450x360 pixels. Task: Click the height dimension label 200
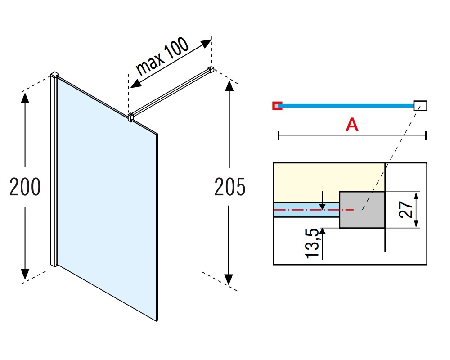pyautogui.click(x=25, y=187)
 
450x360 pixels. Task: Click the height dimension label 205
pyautogui.click(x=230, y=187)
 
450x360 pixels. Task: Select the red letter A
pyautogui.click(x=352, y=125)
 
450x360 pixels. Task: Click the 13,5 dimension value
pyautogui.click(x=314, y=243)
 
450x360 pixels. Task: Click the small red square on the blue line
pyautogui.click(x=277, y=106)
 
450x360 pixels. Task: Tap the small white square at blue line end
pyautogui.click(x=420, y=106)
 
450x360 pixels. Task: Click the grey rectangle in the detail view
pyautogui.click(x=362, y=210)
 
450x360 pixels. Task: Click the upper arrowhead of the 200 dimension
pyautogui.click(x=25, y=95)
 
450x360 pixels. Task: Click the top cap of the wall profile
pyautogui.click(x=55, y=74)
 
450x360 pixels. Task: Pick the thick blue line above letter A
pyautogui.click(x=346, y=106)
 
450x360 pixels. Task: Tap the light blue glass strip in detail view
pyautogui.click(x=306, y=210)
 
